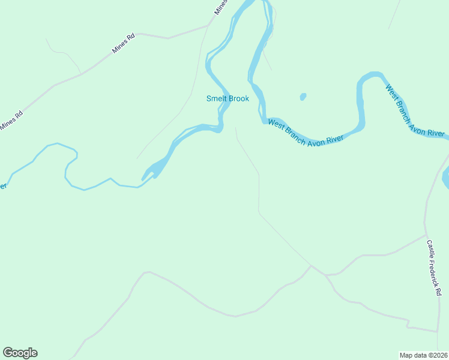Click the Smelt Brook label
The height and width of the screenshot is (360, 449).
tap(228, 99)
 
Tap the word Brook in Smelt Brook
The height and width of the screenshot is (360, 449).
tap(238, 99)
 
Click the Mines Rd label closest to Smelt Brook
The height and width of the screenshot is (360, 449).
tap(123, 44)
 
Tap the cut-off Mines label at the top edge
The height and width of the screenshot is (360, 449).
tap(221, 7)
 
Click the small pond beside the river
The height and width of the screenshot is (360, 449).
tap(303, 96)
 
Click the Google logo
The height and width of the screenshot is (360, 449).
tap(20, 353)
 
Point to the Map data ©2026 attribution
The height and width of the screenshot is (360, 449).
tap(423, 355)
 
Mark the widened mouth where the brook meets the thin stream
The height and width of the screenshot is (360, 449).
tap(153, 170)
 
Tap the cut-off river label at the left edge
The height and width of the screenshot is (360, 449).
tap(3, 186)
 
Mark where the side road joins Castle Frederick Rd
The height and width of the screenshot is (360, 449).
tap(426, 235)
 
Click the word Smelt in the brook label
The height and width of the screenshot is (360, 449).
tap(216, 99)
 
